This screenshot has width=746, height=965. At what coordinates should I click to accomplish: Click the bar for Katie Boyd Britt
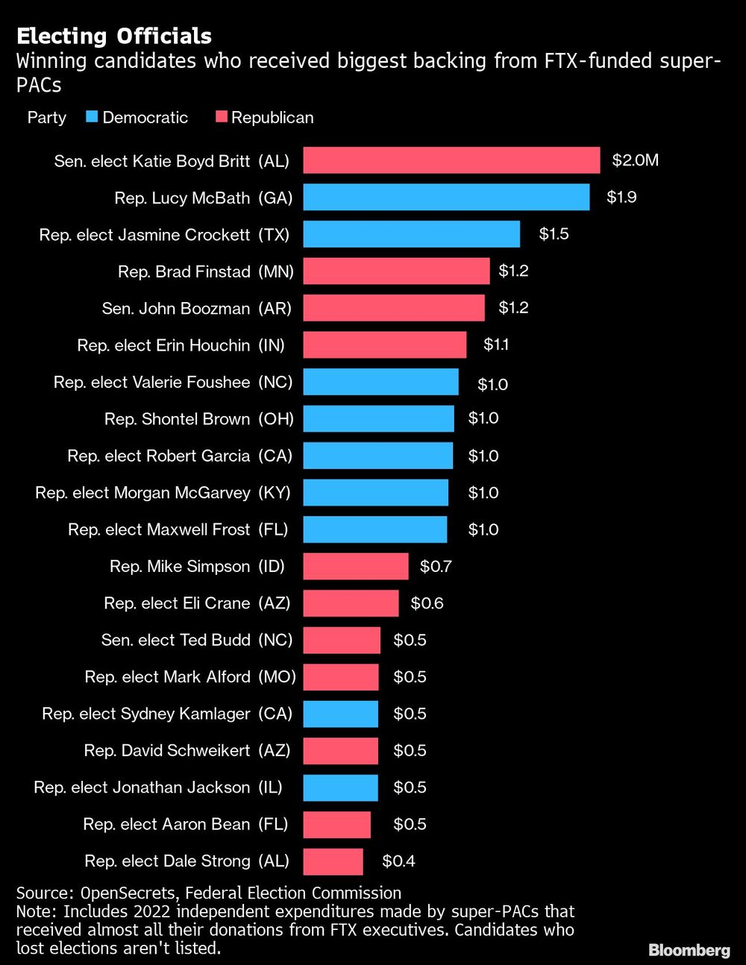click(451, 160)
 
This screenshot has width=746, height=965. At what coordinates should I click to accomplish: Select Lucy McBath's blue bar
click(446, 198)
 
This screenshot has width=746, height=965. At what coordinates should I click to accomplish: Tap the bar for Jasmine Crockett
click(411, 234)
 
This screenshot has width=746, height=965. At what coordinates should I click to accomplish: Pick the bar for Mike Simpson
click(356, 566)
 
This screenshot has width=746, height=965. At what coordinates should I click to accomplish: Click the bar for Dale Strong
click(333, 861)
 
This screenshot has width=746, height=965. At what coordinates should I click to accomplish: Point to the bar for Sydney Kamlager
click(340, 714)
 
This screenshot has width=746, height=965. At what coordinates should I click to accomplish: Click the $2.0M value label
click(635, 160)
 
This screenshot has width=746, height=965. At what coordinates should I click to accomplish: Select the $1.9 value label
click(621, 198)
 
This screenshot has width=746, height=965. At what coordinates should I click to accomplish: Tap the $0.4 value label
click(398, 861)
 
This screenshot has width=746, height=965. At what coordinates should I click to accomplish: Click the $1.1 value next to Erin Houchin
click(496, 345)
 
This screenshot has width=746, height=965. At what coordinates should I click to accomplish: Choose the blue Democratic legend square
click(93, 117)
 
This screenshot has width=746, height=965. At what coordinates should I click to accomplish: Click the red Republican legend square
click(221, 117)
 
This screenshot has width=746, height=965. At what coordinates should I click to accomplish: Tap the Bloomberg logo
click(689, 950)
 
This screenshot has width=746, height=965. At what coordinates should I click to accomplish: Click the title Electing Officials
click(114, 36)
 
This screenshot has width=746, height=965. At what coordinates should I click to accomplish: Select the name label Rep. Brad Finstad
click(184, 271)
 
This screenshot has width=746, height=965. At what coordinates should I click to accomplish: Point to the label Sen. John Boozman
click(176, 308)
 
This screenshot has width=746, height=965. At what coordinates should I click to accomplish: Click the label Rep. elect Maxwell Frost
click(159, 529)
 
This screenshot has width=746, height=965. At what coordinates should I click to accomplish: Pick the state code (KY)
click(275, 493)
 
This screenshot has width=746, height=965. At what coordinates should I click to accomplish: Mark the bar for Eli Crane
click(351, 603)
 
